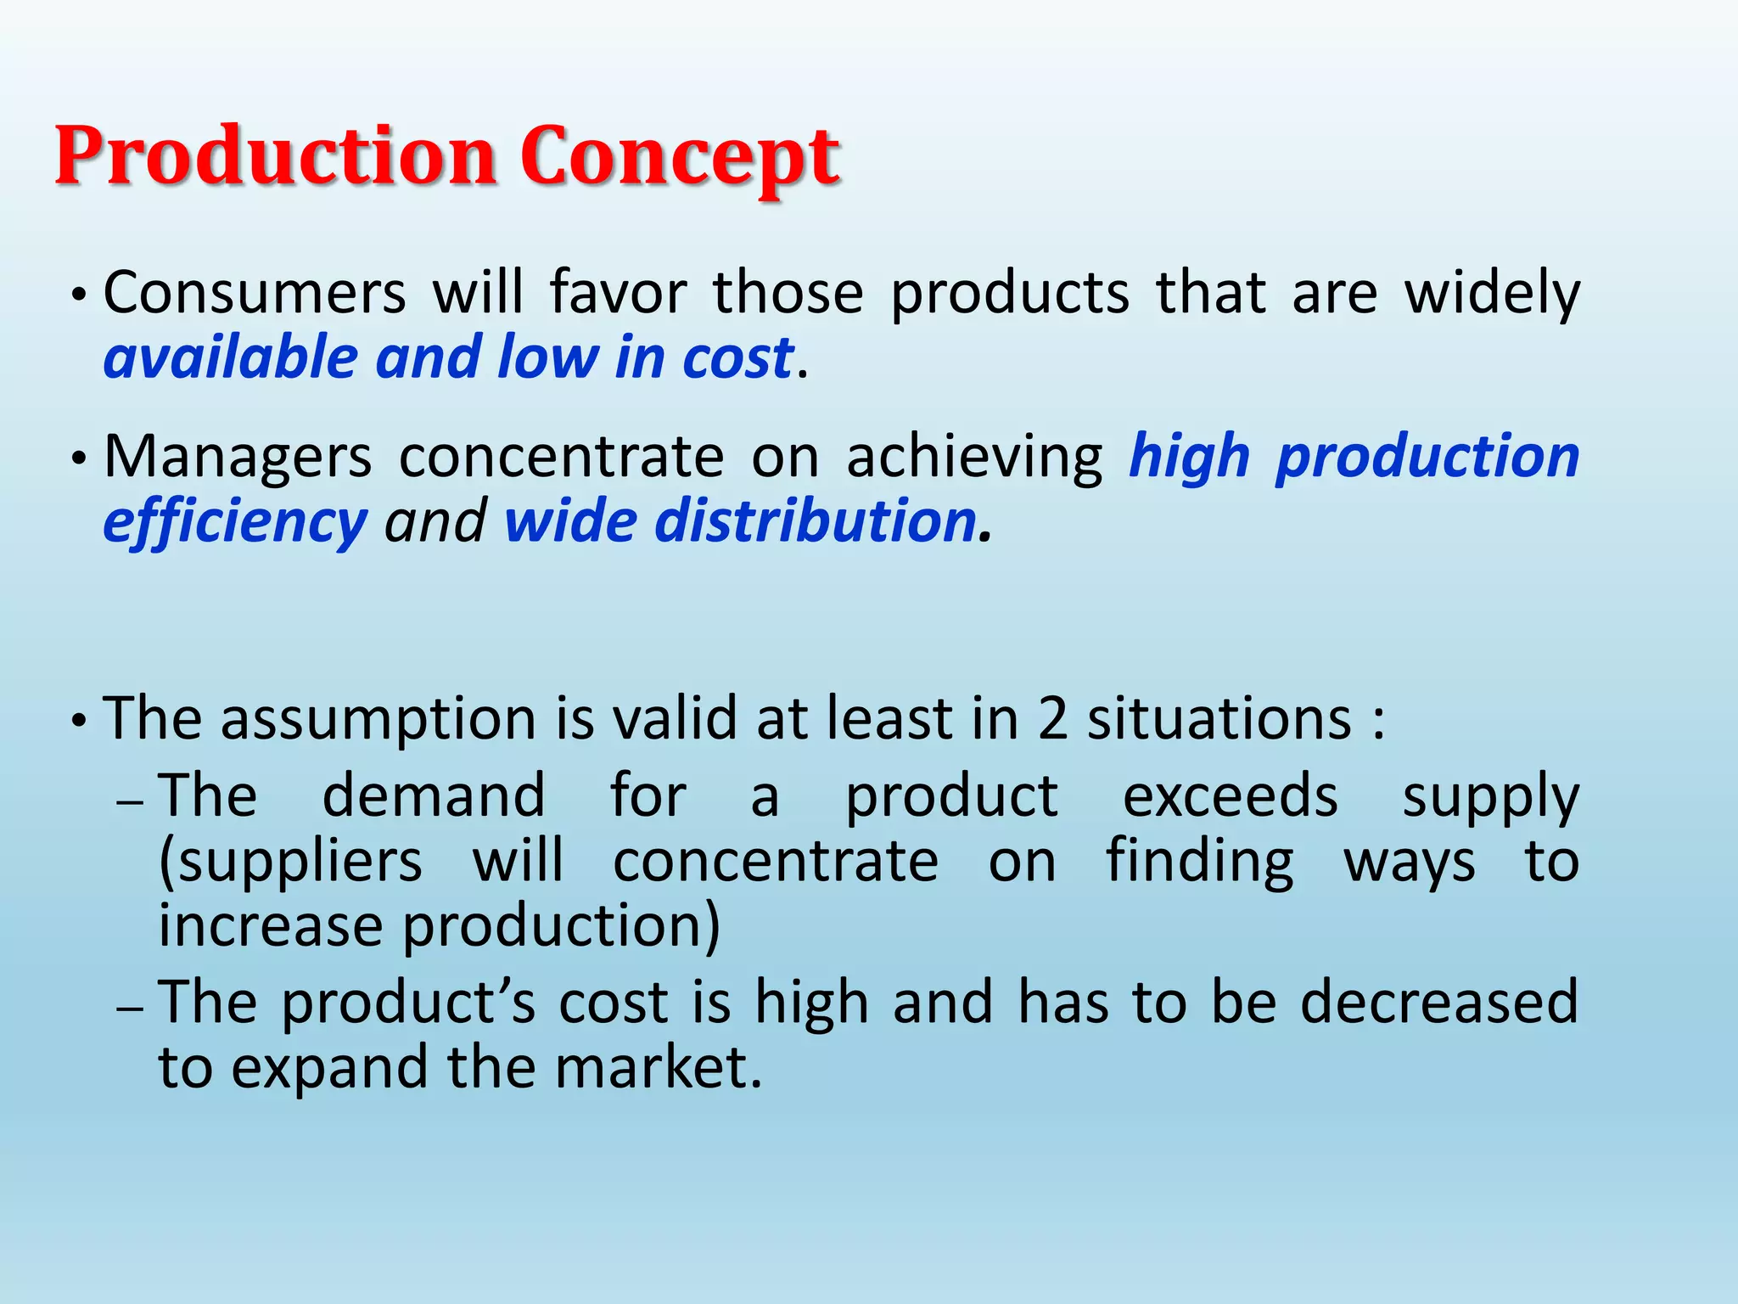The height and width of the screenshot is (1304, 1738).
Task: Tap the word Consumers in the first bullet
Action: click(255, 293)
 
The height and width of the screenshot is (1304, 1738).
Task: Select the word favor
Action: click(618, 293)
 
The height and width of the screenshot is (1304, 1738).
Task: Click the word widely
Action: click(1492, 293)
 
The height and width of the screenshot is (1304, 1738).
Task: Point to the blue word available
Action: click(230, 357)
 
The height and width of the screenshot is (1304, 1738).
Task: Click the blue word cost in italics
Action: click(737, 357)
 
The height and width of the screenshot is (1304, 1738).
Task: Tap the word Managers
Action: click(238, 458)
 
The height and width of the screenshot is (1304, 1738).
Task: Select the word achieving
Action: click(974, 458)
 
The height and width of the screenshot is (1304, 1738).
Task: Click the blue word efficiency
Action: click(235, 522)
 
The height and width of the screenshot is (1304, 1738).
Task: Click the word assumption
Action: click(377, 719)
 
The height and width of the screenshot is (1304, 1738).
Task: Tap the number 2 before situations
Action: click(1052, 719)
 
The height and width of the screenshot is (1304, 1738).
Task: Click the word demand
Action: click(434, 796)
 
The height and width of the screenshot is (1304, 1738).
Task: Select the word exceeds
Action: click(1230, 796)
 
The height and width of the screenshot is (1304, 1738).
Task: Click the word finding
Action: click(1199, 862)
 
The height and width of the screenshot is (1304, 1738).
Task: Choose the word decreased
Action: click(1438, 1002)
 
